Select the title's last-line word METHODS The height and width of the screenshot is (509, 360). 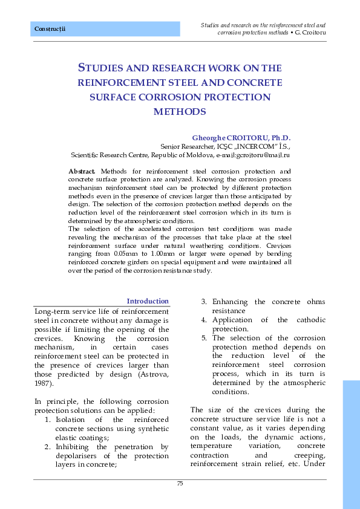point(180,112)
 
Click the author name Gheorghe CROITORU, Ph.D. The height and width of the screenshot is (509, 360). point(241,138)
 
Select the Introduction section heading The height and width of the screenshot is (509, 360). point(147,301)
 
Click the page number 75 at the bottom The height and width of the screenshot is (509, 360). point(180,483)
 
